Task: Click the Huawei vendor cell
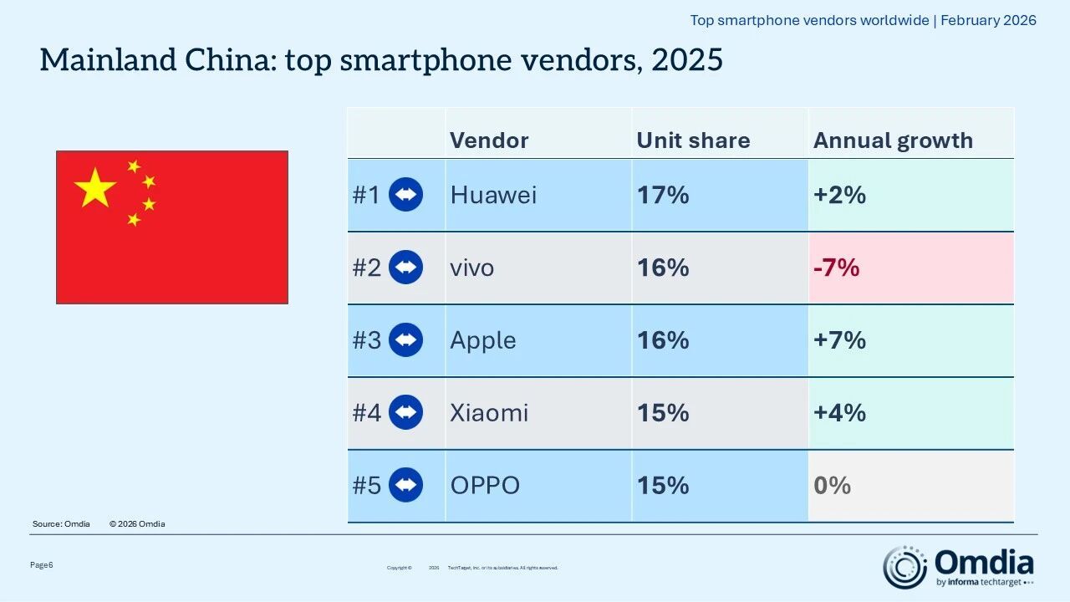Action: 493,195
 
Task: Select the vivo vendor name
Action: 471,268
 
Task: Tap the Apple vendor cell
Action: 482,340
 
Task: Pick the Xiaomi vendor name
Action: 489,413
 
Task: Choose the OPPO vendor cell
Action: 485,486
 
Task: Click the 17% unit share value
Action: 662,195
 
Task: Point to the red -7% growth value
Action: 836,268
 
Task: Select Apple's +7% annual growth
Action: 839,340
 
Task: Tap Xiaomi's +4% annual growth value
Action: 839,413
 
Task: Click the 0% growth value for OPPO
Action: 832,486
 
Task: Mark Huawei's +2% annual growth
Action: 839,195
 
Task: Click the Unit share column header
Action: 693,140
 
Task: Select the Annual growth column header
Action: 893,140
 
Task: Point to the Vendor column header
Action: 489,140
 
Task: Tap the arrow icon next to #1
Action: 406,195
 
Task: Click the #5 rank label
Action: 366,486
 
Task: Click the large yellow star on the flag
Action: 94,188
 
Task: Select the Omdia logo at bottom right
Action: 960,566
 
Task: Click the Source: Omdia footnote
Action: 61,524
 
